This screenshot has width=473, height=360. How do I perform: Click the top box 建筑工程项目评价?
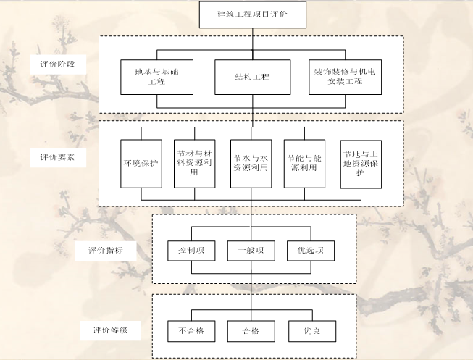point(252,14)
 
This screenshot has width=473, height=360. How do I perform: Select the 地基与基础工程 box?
point(153,77)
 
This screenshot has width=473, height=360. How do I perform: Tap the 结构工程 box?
point(252,77)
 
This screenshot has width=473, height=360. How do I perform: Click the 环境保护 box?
point(141,163)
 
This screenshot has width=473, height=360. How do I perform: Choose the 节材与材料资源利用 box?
point(195,163)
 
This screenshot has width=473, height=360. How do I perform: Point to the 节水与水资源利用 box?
point(251,163)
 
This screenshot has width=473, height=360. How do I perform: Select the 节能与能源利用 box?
point(305,163)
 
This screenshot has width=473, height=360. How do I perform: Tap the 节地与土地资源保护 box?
point(361,164)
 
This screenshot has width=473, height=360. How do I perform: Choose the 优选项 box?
point(311,251)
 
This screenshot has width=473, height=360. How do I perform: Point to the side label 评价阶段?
point(58,64)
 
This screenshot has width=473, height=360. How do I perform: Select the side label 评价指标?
point(104,251)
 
